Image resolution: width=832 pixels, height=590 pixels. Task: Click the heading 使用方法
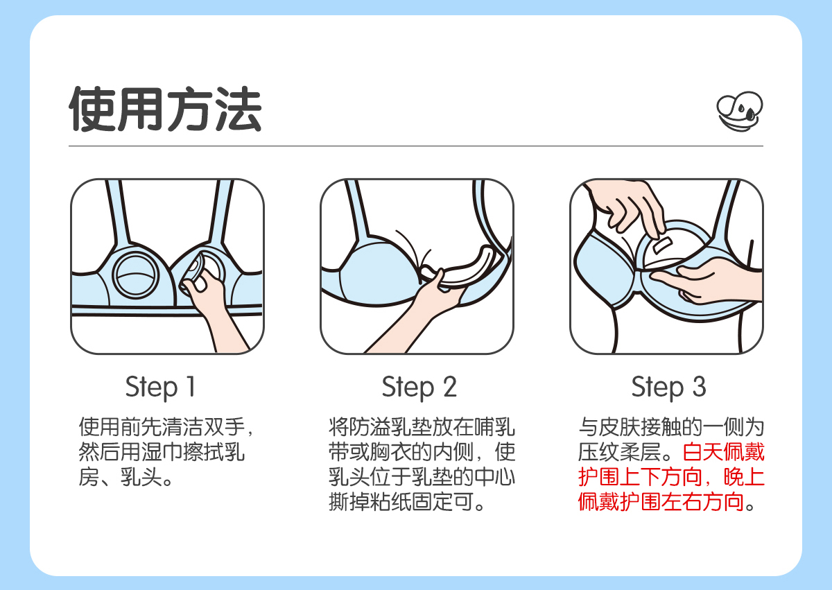pyautogui.click(x=165, y=109)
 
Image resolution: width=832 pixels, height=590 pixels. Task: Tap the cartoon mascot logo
pyautogui.click(x=740, y=112)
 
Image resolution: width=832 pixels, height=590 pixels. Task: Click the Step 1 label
pyautogui.click(x=160, y=388)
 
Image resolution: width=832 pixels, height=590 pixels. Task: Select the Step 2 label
pyautogui.click(x=419, y=388)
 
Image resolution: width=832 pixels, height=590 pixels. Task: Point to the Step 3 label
pyautogui.click(x=668, y=388)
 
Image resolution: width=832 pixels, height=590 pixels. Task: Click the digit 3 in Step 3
pyautogui.click(x=699, y=386)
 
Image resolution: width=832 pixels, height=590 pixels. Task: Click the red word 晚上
pyautogui.click(x=744, y=477)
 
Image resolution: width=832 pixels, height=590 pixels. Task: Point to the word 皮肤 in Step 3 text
pyautogui.click(x=619, y=427)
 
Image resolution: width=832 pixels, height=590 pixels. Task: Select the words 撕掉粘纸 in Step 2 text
pyautogui.click(x=370, y=502)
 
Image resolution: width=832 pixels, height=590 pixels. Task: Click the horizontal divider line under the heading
pyautogui.click(x=416, y=146)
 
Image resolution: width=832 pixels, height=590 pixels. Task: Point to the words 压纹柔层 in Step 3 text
pyautogui.click(x=619, y=452)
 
